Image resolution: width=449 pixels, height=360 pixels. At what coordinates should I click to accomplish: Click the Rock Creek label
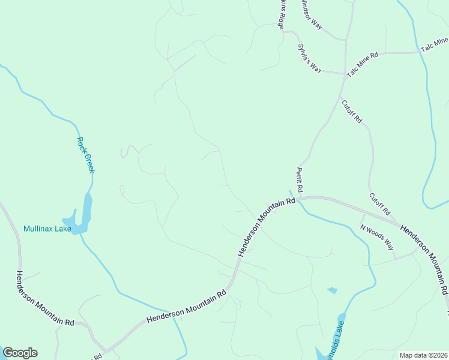[x=86, y=155]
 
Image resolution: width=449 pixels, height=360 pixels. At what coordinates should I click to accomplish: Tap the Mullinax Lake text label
[x=47, y=229]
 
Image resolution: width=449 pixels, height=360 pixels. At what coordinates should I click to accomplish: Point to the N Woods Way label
[x=377, y=237]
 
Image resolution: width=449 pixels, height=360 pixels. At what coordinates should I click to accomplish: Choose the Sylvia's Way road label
[x=310, y=58]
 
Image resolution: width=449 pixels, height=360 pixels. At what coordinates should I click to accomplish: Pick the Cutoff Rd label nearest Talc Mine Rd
[x=352, y=111]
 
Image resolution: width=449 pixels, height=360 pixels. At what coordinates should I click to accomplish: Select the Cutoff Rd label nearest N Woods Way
[x=379, y=204]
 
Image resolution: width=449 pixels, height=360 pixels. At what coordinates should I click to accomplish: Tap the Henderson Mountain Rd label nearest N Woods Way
[x=424, y=259]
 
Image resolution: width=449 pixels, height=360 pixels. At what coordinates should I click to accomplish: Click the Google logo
[x=20, y=353]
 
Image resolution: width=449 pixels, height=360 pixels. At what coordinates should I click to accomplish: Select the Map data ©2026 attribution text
[x=423, y=355]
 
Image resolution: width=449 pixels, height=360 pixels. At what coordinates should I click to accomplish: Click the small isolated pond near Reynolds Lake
[x=332, y=290]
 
